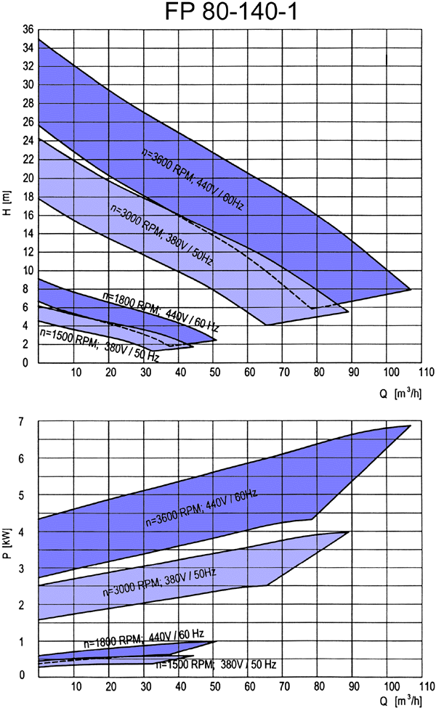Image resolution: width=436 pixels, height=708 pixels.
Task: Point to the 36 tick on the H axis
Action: [28, 30]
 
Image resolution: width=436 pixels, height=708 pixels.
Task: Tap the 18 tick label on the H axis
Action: [28, 197]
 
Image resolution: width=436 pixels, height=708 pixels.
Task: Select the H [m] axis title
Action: [7, 197]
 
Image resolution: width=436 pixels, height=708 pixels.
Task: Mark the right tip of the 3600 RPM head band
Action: [411, 289]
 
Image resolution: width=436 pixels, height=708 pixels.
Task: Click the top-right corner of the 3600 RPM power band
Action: [411, 426]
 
